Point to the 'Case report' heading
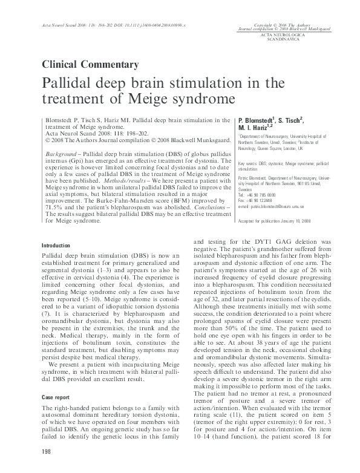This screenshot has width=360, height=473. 55,379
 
